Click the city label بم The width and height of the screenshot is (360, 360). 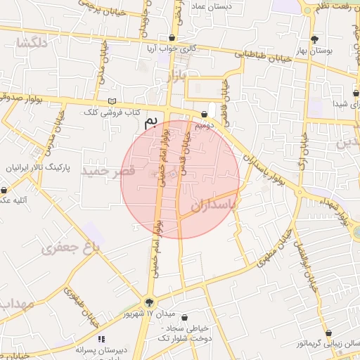tap(150, 123)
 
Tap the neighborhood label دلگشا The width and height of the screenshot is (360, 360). tap(33, 44)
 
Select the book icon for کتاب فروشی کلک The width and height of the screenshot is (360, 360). tap(112, 101)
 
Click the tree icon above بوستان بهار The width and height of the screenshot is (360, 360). tap(314, 39)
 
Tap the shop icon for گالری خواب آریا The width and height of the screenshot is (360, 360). tap(172, 38)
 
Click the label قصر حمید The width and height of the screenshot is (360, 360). tap(108, 171)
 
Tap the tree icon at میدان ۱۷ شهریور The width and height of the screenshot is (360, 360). tap(150, 302)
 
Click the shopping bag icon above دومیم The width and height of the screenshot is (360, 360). tap(204, 114)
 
